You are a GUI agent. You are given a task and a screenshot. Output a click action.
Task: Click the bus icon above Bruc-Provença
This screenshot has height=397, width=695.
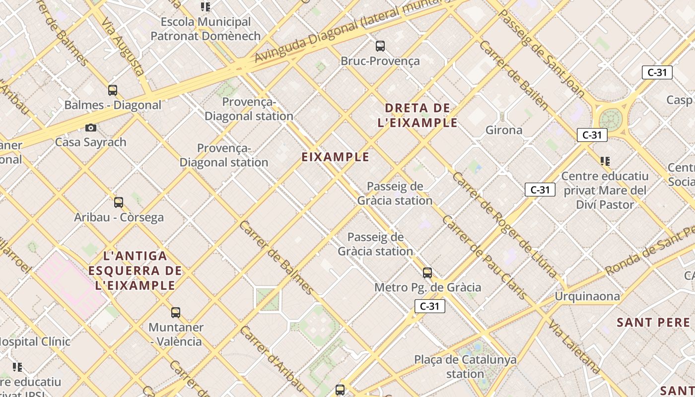click(x=380, y=46)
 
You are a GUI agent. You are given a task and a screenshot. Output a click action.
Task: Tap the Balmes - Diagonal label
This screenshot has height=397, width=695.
click(x=113, y=105)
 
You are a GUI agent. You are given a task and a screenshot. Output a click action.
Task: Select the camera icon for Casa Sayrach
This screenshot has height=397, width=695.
click(x=90, y=128)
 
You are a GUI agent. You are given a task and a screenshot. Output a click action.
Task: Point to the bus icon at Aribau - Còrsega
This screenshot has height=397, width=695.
click(x=119, y=202)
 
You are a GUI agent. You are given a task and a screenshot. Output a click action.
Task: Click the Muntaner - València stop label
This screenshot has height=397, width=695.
click(x=176, y=334)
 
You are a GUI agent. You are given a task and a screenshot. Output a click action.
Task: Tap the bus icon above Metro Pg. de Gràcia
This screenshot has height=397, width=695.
click(x=427, y=272)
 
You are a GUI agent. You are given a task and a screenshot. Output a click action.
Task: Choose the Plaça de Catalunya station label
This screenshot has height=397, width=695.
click(x=465, y=366)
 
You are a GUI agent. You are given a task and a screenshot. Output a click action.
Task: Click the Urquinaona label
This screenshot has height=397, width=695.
click(x=587, y=297)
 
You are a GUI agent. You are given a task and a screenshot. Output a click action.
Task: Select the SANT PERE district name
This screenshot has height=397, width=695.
click(x=653, y=323)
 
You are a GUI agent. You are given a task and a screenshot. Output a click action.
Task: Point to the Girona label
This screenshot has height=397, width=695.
click(x=503, y=130)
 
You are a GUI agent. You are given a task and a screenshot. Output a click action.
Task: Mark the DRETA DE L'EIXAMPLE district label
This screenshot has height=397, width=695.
click(x=417, y=115)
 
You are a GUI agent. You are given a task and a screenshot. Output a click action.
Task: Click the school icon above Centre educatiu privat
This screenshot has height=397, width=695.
click(x=605, y=161)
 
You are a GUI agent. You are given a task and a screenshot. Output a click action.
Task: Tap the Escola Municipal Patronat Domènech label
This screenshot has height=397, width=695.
click(x=206, y=29)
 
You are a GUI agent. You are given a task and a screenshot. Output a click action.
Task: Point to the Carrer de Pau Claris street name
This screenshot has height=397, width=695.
click(x=485, y=258)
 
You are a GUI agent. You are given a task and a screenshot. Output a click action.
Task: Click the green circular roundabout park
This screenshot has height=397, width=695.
click(x=611, y=120)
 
